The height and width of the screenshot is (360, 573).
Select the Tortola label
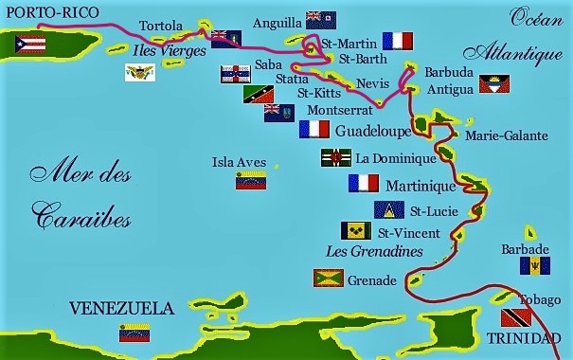[160, 26]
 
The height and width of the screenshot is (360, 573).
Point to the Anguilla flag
[320, 20]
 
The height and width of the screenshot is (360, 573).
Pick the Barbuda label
[447, 72]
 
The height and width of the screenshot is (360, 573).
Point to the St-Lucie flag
[388, 209]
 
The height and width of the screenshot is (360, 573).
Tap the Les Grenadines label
[373, 252]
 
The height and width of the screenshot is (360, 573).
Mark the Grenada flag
[328, 279]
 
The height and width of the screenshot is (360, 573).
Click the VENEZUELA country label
[122, 309]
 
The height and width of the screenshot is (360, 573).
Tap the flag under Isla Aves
[251, 181]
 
